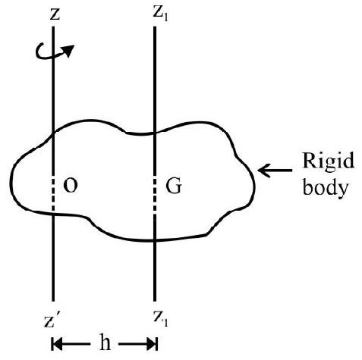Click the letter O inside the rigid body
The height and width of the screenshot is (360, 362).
[x=71, y=186]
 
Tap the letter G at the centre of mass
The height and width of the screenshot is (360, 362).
[x=174, y=186]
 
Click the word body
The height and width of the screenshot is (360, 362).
[x=326, y=187]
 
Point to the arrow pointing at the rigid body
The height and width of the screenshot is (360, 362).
[x=275, y=171]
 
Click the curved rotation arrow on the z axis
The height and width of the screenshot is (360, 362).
[x=55, y=52]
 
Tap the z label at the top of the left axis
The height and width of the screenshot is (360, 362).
[x=55, y=15]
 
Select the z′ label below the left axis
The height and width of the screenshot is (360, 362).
[x=53, y=321]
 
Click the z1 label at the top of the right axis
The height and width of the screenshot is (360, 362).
[x=160, y=15]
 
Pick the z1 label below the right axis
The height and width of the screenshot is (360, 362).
[x=160, y=319]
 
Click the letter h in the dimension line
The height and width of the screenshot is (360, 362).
[x=105, y=342]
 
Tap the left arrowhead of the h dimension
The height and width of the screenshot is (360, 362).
[x=57, y=344]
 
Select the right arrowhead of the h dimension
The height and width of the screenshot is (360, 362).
[x=152, y=344]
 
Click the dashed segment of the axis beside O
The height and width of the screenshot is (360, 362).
[x=53, y=195]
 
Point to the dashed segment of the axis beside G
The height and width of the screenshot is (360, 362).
[x=155, y=196]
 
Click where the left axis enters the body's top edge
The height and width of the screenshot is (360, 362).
[x=53, y=133]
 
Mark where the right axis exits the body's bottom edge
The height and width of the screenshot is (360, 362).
[x=155, y=239]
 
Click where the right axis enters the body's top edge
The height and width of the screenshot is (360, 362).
[x=155, y=133]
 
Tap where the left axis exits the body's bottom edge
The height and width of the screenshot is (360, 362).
[x=53, y=214]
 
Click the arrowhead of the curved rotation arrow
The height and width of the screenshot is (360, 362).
[x=69, y=50]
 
